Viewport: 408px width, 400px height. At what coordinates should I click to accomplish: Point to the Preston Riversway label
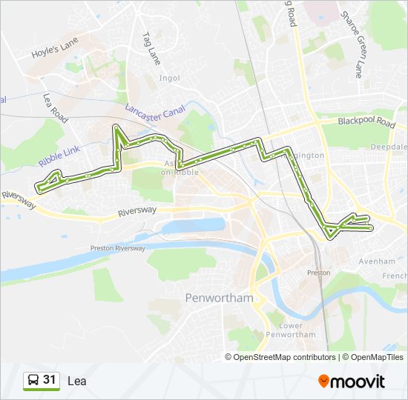pos(117,248)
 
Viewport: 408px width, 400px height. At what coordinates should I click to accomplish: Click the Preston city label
pos(318,273)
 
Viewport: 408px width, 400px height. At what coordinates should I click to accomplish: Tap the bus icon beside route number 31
pos(33,381)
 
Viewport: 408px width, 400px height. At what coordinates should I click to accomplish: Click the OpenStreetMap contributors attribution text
pos(284,357)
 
